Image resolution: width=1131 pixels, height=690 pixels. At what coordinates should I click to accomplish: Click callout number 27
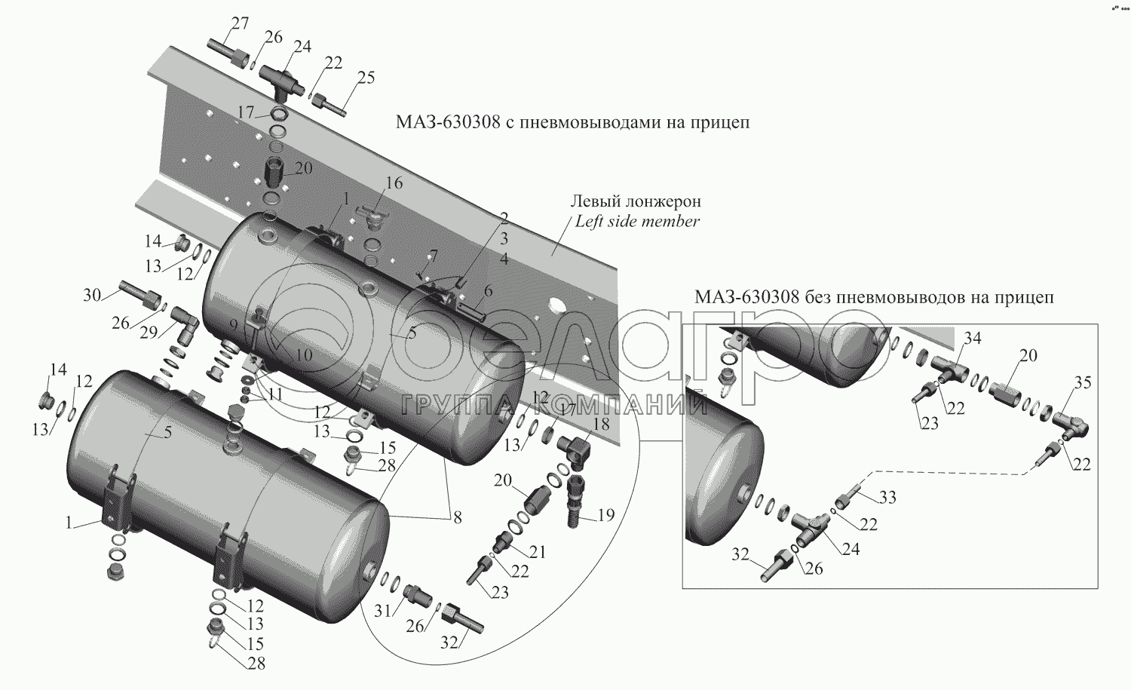click(239, 23)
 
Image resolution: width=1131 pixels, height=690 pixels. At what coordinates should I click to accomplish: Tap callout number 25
click(366, 78)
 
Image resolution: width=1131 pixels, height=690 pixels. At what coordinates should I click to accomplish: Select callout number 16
click(394, 183)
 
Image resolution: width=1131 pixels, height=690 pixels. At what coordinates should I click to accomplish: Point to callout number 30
click(91, 295)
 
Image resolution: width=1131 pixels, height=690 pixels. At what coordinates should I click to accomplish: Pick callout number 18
click(600, 424)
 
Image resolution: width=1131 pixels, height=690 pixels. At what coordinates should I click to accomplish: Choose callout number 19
click(606, 516)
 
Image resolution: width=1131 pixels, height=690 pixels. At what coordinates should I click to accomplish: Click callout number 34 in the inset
click(972, 339)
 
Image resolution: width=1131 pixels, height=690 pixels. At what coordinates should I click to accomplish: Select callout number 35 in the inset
click(1082, 382)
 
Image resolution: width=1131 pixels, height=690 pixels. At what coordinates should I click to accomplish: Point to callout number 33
click(887, 497)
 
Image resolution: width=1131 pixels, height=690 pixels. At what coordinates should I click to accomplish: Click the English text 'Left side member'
click(637, 222)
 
